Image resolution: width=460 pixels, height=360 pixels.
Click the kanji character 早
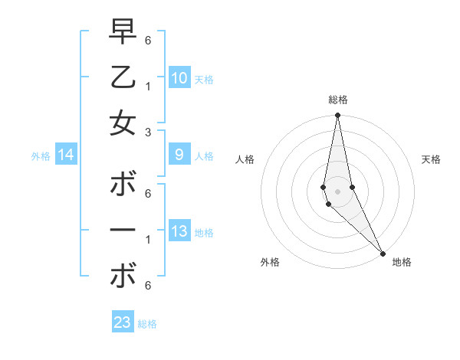[x=123, y=31]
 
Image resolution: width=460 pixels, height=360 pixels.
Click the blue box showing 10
[x=179, y=77]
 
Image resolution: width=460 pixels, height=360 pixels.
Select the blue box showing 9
[x=179, y=155]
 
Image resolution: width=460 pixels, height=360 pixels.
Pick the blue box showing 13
[x=179, y=231]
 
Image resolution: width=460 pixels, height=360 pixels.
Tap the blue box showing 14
[x=66, y=155]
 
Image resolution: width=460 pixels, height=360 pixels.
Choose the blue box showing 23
[x=123, y=322]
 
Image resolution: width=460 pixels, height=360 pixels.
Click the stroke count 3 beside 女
[x=147, y=132]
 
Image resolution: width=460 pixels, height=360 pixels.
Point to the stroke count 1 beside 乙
[x=147, y=86]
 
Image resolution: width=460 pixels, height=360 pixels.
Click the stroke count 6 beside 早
[x=147, y=40]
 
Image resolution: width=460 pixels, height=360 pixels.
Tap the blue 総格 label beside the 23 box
[x=147, y=324]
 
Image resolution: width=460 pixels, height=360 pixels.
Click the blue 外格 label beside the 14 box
[x=41, y=156]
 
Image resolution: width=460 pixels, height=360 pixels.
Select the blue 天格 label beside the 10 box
[x=204, y=79]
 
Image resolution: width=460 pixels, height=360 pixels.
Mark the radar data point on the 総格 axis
[x=337, y=116]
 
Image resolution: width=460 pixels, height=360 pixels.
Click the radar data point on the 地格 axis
[x=383, y=253]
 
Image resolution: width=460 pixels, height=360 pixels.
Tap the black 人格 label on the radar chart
[x=245, y=159]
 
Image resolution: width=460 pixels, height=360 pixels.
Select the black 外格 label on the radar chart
[x=270, y=262]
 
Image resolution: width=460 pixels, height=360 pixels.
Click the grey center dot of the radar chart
[x=337, y=191]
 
